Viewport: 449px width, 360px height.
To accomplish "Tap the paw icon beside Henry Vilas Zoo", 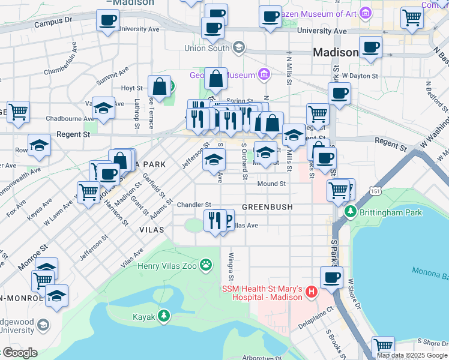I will pyautogui.click(x=206, y=264).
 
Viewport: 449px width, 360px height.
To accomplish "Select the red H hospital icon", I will pyautogui.click(x=312, y=292).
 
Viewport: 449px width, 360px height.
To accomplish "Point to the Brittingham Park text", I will pyautogui.click(x=387, y=211).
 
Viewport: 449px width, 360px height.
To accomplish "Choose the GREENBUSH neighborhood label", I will pyautogui.click(x=267, y=207).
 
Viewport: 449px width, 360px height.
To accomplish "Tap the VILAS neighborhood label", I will pyautogui.click(x=151, y=230).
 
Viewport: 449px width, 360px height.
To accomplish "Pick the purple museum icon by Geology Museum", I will pyautogui.click(x=263, y=75).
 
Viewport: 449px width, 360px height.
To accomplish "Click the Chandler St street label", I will pyautogui.click(x=194, y=205).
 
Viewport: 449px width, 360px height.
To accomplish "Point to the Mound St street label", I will pyautogui.click(x=272, y=184).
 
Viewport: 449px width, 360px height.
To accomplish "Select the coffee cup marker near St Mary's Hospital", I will pyautogui.click(x=331, y=277).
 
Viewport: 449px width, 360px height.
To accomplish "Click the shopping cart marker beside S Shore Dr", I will pyautogui.click(x=382, y=346).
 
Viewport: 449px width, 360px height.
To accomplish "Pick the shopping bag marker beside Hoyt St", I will pyautogui.click(x=160, y=86).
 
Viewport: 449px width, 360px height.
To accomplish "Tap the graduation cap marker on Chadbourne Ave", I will pyautogui.click(x=103, y=109).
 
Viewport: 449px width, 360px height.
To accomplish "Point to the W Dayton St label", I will pyautogui.click(x=360, y=76).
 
